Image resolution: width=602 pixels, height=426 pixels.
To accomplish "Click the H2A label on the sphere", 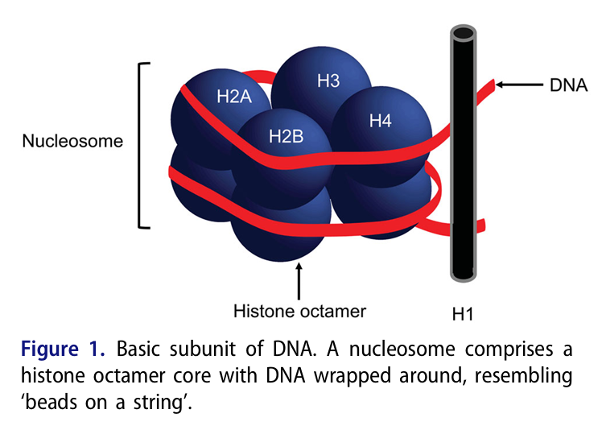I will tap(235, 97).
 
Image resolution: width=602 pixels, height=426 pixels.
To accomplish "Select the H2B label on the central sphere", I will tap(286, 137).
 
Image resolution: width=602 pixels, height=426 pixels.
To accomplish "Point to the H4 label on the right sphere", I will tap(380, 121).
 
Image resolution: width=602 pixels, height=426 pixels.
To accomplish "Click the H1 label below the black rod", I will tap(466, 311).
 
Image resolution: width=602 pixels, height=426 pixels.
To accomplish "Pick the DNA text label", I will tap(568, 83).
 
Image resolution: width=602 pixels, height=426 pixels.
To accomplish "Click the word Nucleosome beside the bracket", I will tap(72, 141).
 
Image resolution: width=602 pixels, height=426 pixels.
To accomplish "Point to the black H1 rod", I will tap(463, 161).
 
